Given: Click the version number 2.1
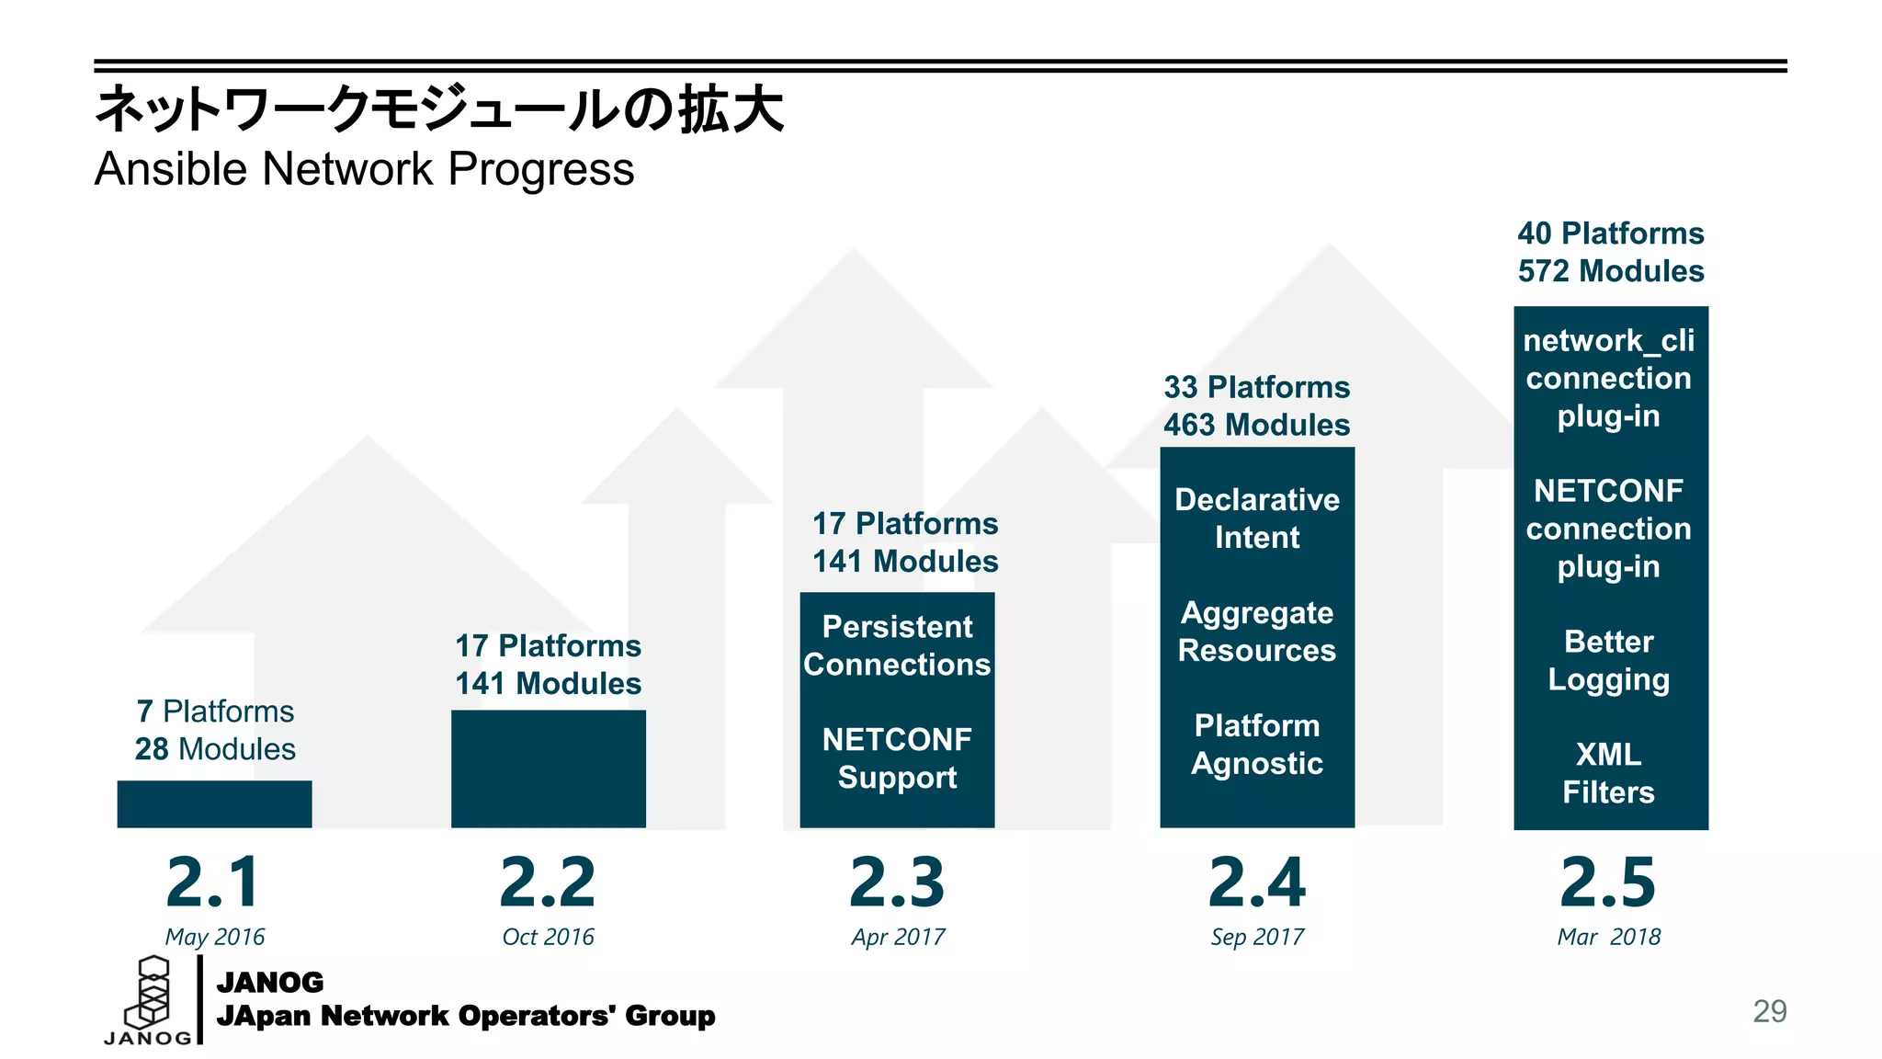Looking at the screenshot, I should click(213, 882).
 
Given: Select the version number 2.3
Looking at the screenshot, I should click(897, 882).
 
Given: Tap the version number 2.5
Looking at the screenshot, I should click(1608, 882).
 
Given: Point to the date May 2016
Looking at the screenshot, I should click(214, 937).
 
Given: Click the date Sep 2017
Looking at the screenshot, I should click(1257, 937).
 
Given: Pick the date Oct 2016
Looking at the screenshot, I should click(548, 937).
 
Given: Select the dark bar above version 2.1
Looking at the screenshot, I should click(214, 803).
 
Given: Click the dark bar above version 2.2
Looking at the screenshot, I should click(548, 769).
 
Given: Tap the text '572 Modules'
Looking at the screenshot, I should click(1611, 271).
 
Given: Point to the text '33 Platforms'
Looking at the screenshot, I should click(1257, 387).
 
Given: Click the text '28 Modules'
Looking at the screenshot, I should click(215, 749).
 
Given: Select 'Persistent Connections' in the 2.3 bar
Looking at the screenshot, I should click(897, 645).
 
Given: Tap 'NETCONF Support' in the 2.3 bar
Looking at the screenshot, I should click(897, 758).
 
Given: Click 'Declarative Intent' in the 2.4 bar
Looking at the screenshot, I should click(1257, 518).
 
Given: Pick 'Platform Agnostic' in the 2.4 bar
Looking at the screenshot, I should click(1257, 745).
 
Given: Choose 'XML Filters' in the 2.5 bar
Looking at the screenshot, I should click(1608, 773).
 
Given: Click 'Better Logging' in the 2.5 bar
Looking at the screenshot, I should click(1608, 660).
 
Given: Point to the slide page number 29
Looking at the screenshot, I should click(1769, 1011).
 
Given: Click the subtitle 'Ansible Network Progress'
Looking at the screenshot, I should click(364, 169).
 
